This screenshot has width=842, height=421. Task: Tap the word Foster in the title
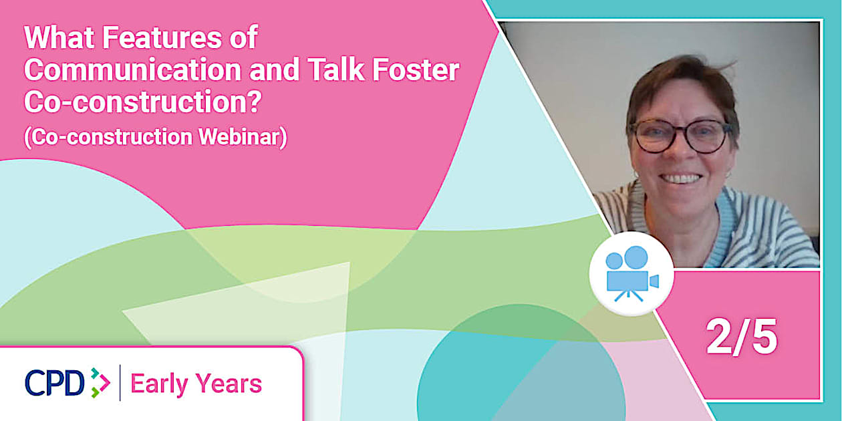(x=416, y=69)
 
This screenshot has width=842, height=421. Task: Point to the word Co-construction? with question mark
(x=142, y=102)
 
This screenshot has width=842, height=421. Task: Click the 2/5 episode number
(x=741, y=337)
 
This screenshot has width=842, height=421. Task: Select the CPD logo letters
(x=55, y=383)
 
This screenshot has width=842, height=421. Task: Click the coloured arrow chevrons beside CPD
(x=100, y=383)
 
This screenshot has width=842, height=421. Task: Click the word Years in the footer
(x=229, y=384)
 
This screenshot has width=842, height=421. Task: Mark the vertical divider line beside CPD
(x=120, y=383)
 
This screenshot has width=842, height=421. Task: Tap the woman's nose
(x=679, y=152)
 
